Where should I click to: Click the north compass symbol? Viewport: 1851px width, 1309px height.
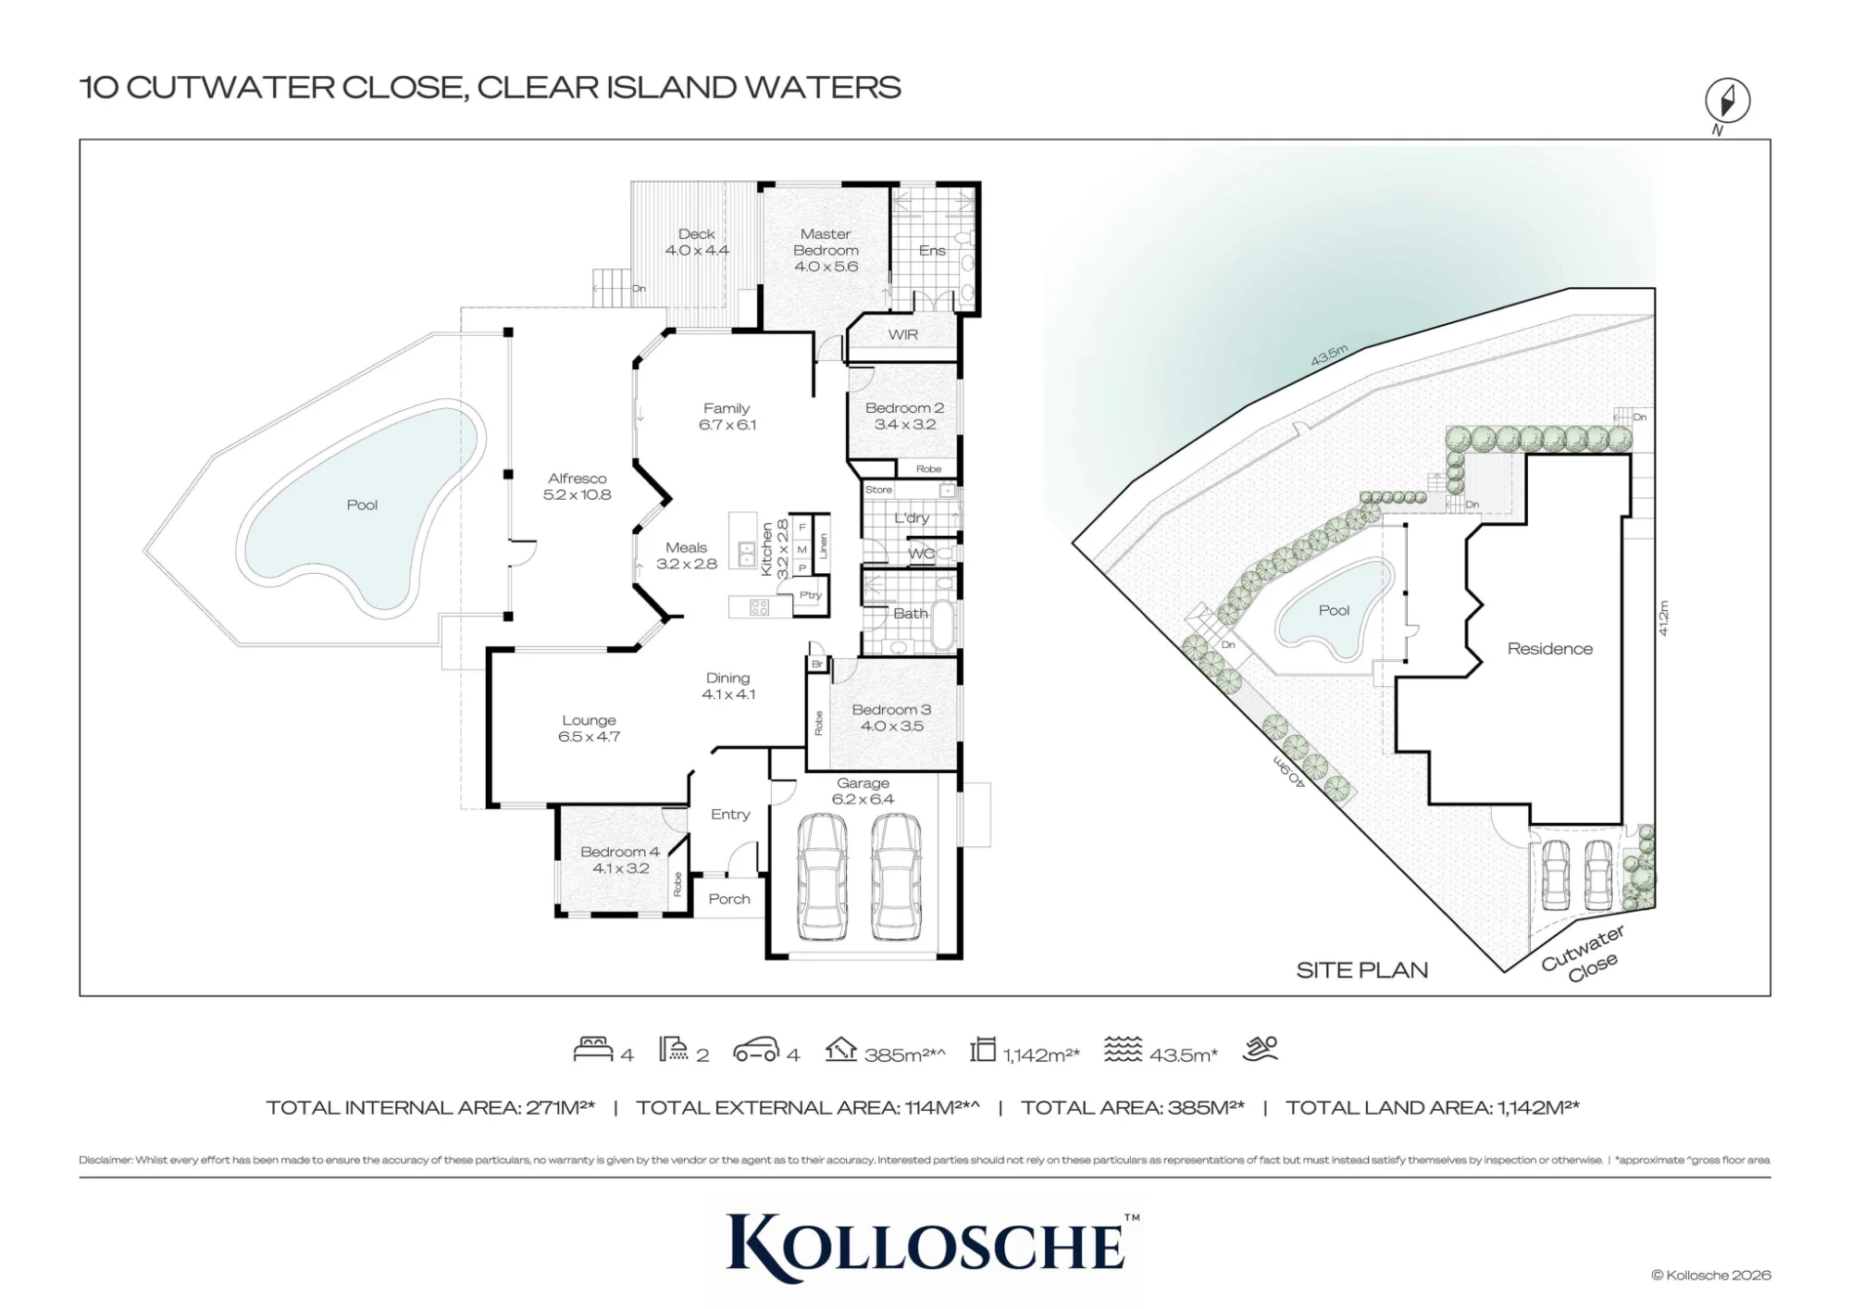(1727, 101)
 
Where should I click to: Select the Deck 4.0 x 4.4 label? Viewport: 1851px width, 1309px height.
(697, 243)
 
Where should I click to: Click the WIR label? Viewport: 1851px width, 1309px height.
(903, 334)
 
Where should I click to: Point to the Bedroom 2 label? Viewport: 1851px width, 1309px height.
(904, 407)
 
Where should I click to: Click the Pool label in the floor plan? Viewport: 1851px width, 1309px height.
(362, 505)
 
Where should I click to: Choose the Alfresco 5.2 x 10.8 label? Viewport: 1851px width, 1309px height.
(577, 486)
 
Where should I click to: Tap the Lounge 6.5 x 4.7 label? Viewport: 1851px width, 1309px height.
(589, 729)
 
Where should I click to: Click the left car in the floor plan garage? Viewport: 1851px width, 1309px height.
(822, 876)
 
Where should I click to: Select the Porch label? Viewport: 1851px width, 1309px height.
(729, 899)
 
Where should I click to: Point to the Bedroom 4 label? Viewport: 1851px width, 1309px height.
(620, 852)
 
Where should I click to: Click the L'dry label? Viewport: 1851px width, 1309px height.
(912, 518)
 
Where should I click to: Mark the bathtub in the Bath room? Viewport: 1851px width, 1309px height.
(942, 626)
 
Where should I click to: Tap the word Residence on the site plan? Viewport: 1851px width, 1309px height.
(1550, 649)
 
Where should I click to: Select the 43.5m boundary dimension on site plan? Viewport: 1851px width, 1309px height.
(1329, 355)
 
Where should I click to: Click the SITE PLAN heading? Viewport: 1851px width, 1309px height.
(1361, 970)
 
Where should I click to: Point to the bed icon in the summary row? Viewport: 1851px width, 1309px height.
(593, 1049)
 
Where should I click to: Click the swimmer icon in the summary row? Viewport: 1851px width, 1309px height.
(1261, 1048)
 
